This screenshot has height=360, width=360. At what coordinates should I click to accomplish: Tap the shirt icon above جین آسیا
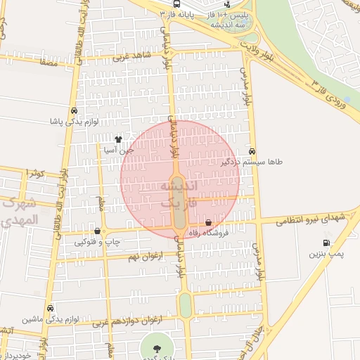coord(117,139)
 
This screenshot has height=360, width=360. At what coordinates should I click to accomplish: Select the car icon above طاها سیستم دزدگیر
coord(252,151)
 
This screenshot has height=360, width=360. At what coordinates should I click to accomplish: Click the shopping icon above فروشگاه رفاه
coord(208,223)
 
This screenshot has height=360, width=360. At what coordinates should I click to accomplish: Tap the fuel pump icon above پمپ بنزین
coord(326,243)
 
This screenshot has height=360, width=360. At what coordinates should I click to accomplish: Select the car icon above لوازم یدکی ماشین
coord(51,308)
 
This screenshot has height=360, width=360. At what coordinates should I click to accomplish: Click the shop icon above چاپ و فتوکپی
coord(97,231)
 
